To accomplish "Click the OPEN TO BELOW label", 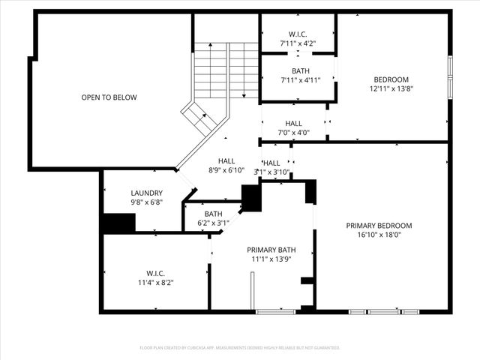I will [x=109, y=97].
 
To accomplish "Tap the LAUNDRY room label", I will [x=146, y=193].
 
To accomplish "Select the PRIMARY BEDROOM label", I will [x=379, y=225].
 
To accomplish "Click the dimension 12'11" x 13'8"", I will [x=391, y=89].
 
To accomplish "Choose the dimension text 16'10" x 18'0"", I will [x=379, y=235].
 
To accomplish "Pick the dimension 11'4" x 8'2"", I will [x=156, y=283].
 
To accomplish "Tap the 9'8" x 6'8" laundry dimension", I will [x=146, y=202].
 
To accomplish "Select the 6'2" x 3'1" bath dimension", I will [x=213, y=223].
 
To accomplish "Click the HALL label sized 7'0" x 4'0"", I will [x=293, y=123].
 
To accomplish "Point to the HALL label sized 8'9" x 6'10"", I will [x=226, y=161].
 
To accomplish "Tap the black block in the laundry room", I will [x=118, y=223].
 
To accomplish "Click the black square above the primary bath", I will [x=250, y=198].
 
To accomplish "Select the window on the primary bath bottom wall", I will [x=275, y=310].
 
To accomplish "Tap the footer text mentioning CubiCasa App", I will [x=240, y=348].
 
